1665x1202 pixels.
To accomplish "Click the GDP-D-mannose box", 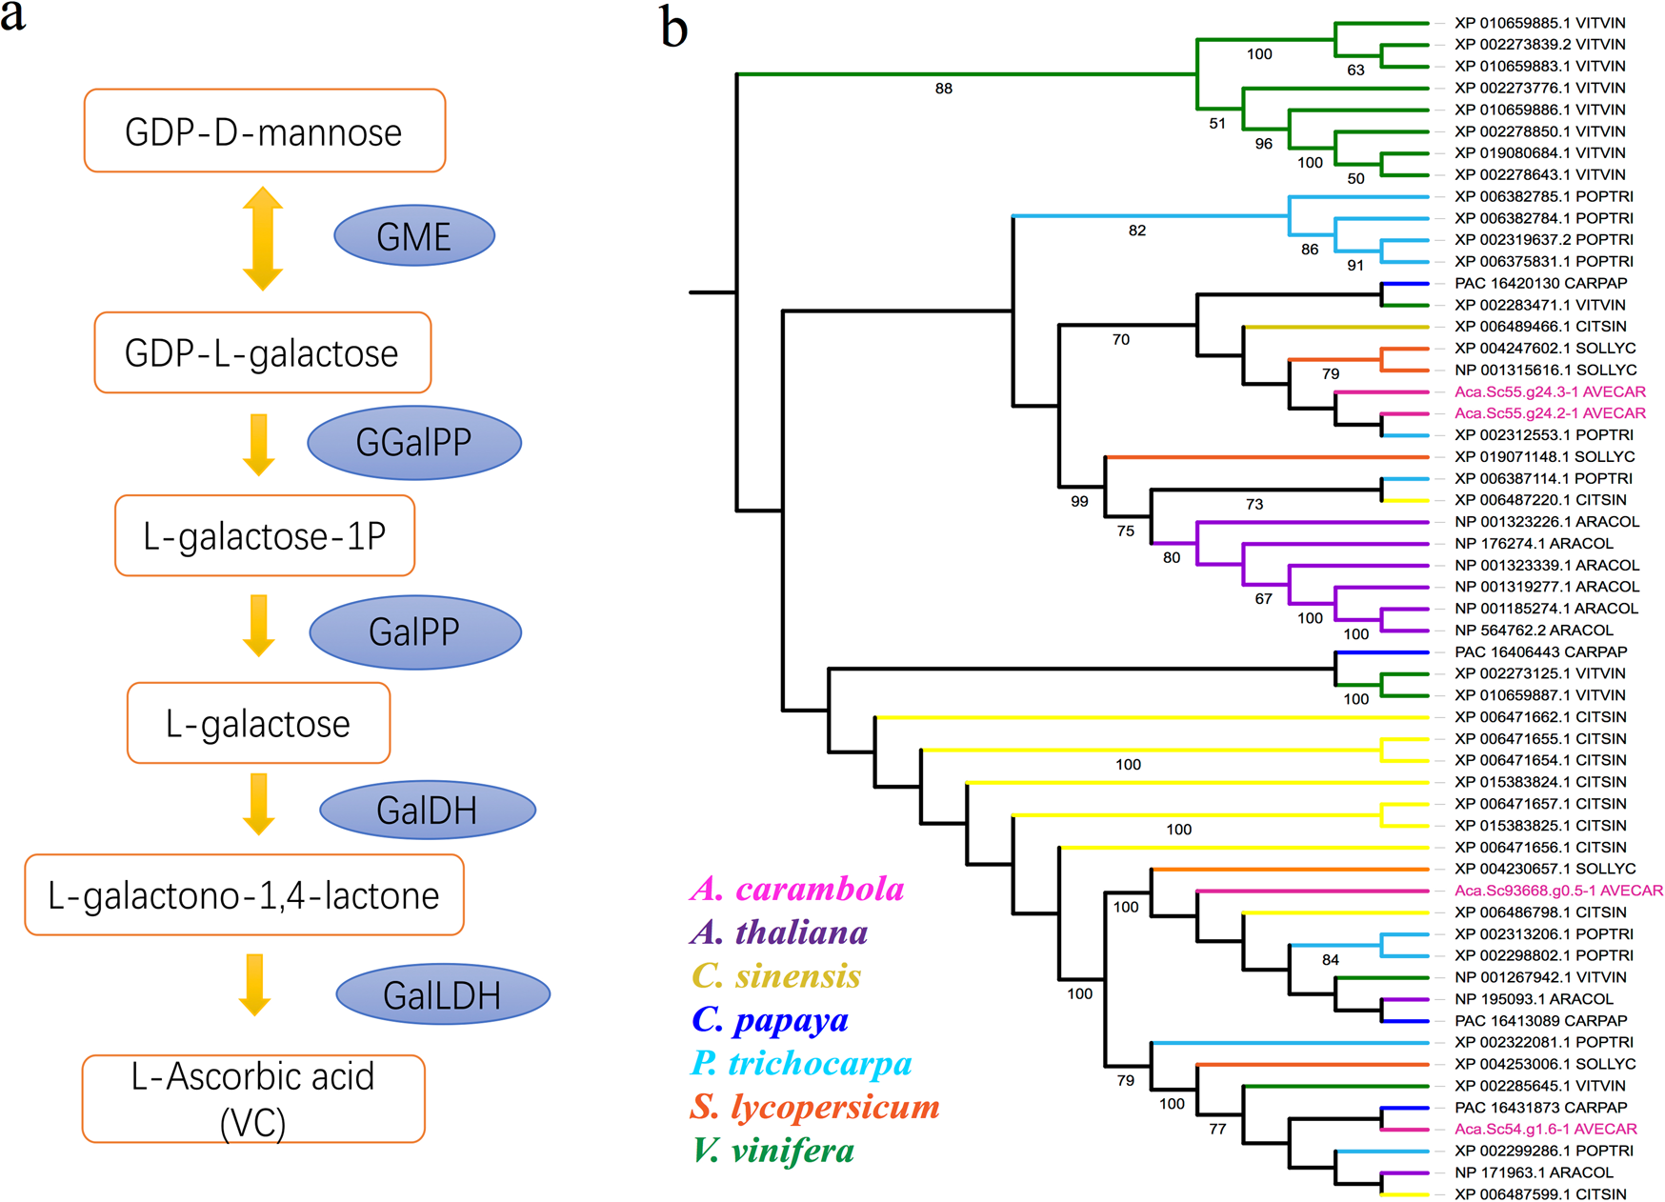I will click(x=264, y=131).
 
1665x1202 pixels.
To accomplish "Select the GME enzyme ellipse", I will click(x=413, y=235).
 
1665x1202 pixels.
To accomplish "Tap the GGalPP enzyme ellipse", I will click(x=413, y=442).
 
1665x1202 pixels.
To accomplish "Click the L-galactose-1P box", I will click(x=264, y=536).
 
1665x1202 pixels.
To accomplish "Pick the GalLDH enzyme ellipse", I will click(x=442, y=995).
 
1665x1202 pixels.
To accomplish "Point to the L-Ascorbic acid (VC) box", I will click(x=252, y=1098).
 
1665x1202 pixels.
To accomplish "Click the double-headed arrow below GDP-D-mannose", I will click(x=262, y=239).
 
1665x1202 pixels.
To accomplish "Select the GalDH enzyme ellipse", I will click(x=427, y=811).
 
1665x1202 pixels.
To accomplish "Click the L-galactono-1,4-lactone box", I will click(x=244, y=895).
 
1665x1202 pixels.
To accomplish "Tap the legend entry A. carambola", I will click(x=797, y=889).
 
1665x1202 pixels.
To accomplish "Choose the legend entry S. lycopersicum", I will click(x=814, y=1107).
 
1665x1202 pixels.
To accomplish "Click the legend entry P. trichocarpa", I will click(x=801, y=1063).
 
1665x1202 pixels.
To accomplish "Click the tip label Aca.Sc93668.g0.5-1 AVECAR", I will click(x=1558, y=891).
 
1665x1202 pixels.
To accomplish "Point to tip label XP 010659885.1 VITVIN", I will click(x=1539, y=23).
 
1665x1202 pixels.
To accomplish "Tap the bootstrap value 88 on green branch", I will click(x=943, y=89).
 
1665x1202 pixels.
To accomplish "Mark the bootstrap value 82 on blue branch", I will click(x=1136, y=230).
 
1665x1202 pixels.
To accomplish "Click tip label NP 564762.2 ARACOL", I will click(x=1534, y=630).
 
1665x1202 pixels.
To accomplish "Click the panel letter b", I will click(x=674, y=29).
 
